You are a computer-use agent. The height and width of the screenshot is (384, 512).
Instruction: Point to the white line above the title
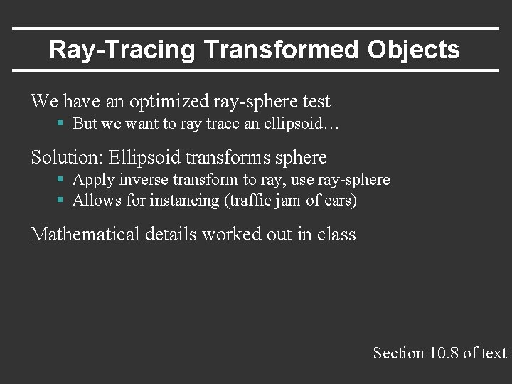point(256,28)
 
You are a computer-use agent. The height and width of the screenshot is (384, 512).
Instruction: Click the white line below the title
point(256,70)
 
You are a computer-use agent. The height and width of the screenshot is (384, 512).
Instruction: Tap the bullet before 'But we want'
point(61,124)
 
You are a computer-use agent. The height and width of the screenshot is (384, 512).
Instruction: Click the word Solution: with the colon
point(67,156)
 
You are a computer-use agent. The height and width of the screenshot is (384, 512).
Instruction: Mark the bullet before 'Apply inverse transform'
point(61,180)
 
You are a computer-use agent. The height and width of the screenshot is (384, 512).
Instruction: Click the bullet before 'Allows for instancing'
point(61,201)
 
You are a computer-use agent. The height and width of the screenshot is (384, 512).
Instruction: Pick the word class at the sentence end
point(336,234)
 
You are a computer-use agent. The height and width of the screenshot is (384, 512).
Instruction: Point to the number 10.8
point(444,353)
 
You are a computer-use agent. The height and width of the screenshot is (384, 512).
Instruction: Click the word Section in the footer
point(399,353)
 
